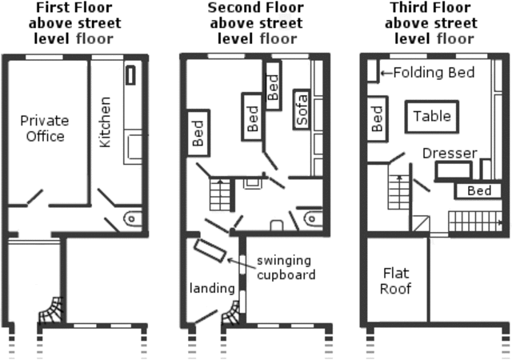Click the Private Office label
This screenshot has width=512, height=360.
tap(45, 128)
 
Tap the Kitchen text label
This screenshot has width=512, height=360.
tap(105, 122)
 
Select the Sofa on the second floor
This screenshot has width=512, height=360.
tap(302, 109)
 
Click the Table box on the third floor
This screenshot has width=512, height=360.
tap(432, 116)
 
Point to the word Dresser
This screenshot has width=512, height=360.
tap(450, 153)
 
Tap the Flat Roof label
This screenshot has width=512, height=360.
tap(394, 281)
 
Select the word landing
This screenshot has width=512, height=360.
tap(212, 288)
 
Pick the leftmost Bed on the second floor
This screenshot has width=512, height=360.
tap(197, 133)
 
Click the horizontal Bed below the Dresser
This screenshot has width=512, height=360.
tap(478, 191)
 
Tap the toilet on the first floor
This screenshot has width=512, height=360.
tap(134, 217)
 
